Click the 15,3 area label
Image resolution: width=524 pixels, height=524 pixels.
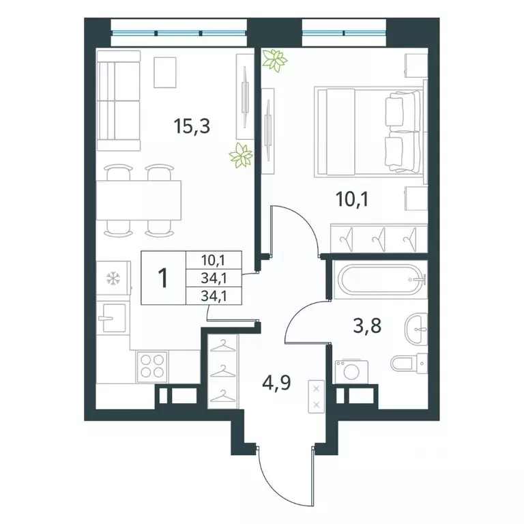tap(192, 126)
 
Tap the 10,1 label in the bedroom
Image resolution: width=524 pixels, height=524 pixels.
tap(351, 200)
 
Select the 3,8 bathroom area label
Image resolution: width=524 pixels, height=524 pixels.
tap(367, 325)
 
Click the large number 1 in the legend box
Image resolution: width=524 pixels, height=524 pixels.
tap(164, 278)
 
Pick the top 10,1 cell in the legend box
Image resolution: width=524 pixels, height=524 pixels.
tap(214, 259)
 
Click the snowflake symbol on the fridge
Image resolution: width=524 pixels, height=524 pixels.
tap(113, 278)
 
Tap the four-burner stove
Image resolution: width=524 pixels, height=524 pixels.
tap(152, 366)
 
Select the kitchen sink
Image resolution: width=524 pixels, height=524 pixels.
tap(112, 318)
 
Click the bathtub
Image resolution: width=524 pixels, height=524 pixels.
tap(380, 279)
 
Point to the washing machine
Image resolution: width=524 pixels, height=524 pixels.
tap(351, 372)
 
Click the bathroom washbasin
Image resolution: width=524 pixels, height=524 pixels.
tap(416, 329)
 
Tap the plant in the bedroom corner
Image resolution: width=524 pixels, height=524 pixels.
tap(274, 61)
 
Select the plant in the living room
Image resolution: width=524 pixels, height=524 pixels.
tap(240, 156)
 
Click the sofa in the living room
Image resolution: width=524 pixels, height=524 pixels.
tap(118, 100)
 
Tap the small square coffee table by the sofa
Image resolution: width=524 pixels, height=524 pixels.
tap(165, 72)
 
